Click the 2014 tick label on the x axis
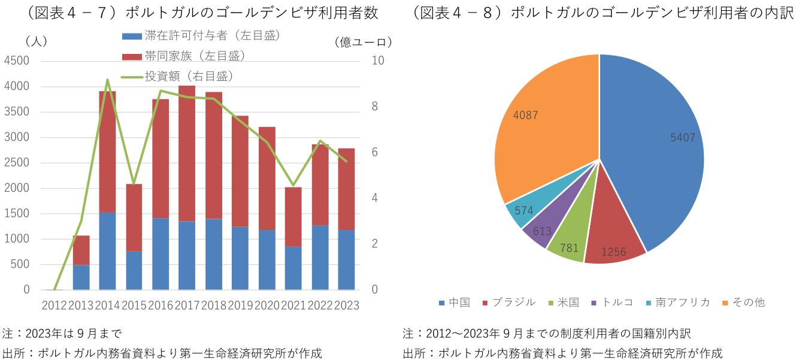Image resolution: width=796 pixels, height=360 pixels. pyautogui.click(x=107, y=305)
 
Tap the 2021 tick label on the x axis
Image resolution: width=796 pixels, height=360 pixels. pyautogui.click(x=293, y=305)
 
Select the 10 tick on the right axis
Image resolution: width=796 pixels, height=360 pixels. pyautogui.click(x=378, y=61)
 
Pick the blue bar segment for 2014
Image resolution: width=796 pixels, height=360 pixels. pyautogui.click(x=107, y=252)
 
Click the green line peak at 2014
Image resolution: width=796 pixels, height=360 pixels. pyautogui.click(x=107, y=80)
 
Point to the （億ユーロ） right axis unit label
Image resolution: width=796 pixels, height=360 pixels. pyautogui.click(x=363, y=42)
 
